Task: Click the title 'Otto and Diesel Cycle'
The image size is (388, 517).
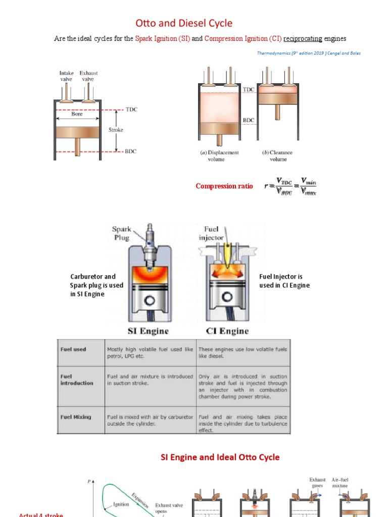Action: (x=184, y=23)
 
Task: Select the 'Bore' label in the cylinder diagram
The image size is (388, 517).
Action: (x=77, y=114)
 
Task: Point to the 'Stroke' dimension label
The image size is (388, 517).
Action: (x=116, y=130)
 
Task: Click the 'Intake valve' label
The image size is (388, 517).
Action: (x=66, y=76)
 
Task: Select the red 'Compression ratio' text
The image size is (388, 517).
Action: (x=224, y=186)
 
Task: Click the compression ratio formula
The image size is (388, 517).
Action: (x=290, y=186)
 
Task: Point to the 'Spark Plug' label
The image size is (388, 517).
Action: (x=121, y=233)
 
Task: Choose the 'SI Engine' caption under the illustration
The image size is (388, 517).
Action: (x=148, y=331)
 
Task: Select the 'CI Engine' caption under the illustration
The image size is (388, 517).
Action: (x=227, y=331)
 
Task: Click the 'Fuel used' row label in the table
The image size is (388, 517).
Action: (x=73, y=349)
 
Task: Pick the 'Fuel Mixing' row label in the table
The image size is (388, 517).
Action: (x=76, y=417)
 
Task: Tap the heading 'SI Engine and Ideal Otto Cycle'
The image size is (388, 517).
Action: (x=220, y=457)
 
